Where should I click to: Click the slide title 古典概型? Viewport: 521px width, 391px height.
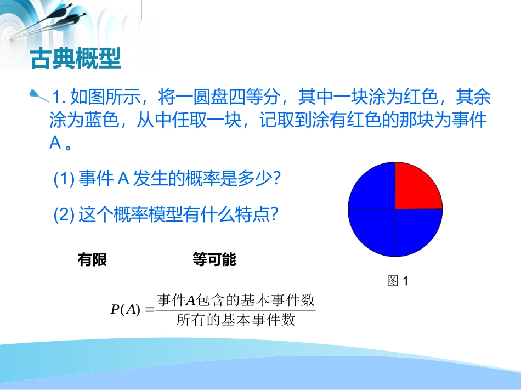click(x=75, y=58)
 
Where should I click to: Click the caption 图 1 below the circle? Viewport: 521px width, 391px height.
click(x=398, y=281)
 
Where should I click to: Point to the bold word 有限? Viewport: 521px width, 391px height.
click(x=93, y=260)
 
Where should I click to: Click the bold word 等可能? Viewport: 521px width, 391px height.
click(x=214, y=260)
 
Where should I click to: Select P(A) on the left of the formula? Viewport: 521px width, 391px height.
click(x=126, y=310)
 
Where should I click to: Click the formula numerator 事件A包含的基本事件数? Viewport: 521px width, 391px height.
click(x=236, y=301)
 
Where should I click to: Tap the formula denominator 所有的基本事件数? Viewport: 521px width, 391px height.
click(x=236, y=320)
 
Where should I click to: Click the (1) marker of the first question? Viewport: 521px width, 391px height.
click(x=64, y=179)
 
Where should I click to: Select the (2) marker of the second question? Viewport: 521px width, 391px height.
click(x=64, y=214)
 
